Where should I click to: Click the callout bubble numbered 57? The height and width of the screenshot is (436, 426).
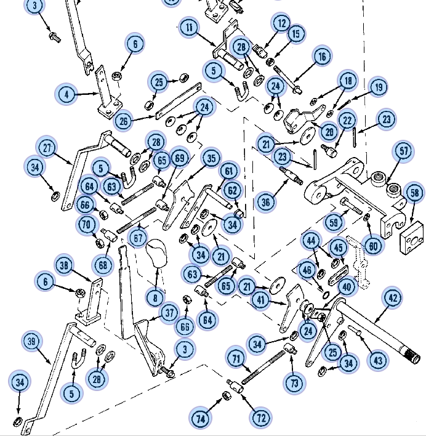click(404, 151)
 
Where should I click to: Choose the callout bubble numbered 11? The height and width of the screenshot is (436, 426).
click(189, 28)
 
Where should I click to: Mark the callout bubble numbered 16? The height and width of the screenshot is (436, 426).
click(322, 57)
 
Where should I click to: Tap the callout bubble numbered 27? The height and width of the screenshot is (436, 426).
click(47, 148)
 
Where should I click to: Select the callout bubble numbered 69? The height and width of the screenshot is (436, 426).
click(179, 158)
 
